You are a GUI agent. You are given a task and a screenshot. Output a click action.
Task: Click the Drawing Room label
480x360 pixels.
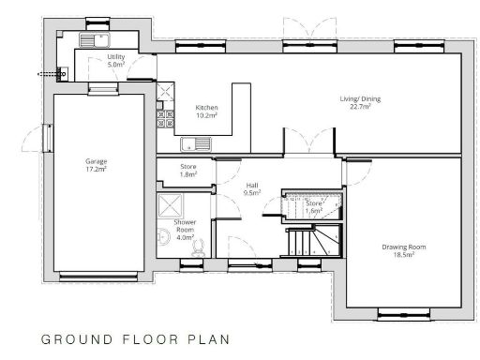tap(404, 250)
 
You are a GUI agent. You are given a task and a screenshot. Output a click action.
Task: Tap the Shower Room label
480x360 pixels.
tap(185, 230)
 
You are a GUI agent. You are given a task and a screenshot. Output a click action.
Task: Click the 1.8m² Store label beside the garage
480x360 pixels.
tap(187, 170)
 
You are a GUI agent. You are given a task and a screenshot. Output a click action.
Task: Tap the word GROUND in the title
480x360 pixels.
tap(72, 338)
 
